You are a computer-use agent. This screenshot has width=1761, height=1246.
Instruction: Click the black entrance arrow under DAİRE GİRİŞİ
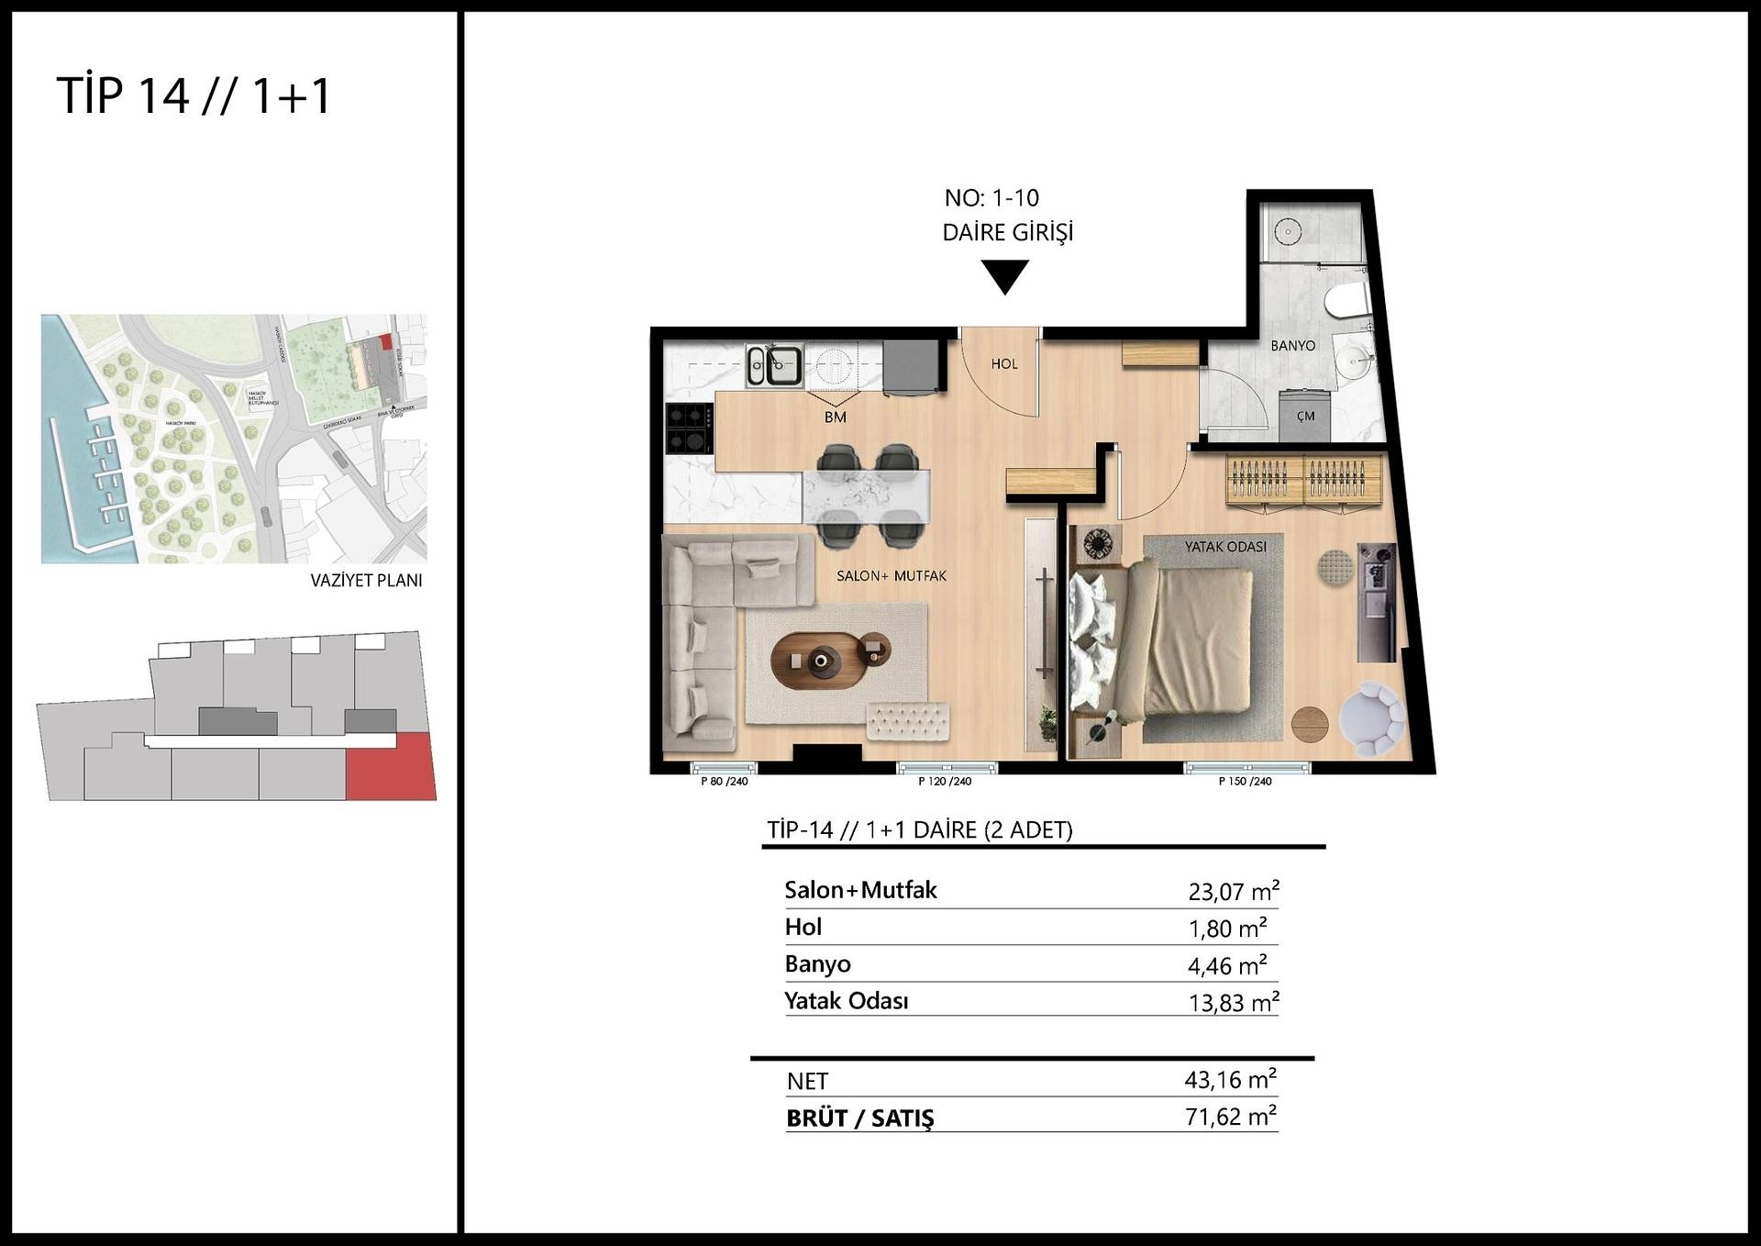pos(1004,275)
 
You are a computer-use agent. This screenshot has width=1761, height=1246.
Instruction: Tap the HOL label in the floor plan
pos(1004,364)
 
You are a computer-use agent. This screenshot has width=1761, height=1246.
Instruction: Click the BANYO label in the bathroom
pos(1292,346)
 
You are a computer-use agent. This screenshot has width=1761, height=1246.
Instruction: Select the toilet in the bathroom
pos(1346,301)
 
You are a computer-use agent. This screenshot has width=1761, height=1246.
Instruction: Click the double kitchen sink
pos(775,365)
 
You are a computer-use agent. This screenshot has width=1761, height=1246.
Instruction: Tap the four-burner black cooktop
pos(689,429)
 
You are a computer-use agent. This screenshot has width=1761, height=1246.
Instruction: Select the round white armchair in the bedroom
pos(1371,718)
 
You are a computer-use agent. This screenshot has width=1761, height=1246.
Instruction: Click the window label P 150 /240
pos(1245,782)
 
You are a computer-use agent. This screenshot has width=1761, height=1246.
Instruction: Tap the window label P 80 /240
pos(724,782)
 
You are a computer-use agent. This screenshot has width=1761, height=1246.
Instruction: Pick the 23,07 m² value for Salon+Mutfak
pos(1233,891)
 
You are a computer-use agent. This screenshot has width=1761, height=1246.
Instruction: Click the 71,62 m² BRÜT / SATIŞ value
pos(1230,1117)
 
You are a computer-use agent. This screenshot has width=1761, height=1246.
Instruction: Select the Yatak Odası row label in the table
pos(846,1001)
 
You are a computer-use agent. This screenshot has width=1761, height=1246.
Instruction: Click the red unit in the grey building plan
pos(390,767)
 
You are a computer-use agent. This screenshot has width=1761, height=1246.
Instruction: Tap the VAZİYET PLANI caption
pos(366,580)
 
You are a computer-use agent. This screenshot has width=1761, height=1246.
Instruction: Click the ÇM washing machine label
pos(1305,417)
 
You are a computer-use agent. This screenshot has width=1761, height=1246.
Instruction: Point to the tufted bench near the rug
pos(907,720)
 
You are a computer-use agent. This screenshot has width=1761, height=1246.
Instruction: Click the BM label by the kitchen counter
pos(835,417)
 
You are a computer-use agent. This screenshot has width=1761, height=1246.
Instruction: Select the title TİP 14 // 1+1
pos(194,95)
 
